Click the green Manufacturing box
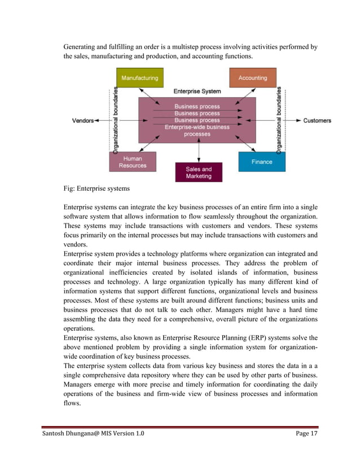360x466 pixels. (x=139, y=78)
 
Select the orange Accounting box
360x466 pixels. (x=252, y=78)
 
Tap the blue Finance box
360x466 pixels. (x=261, y=161)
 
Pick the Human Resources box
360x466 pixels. (x=133, y=162)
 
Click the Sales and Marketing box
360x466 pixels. (x=198, y=173)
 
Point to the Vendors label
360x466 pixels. (x=82, y=121)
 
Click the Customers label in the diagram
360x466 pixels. (x=317, y=121)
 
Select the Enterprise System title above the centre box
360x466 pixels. (x=197, y=91)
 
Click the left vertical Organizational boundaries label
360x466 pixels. (x=115, y=120)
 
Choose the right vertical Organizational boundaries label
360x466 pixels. (x=279, y=120)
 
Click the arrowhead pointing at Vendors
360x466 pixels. (x=96, y=121)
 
